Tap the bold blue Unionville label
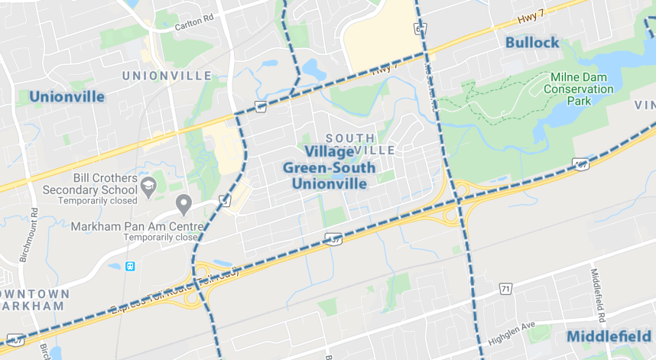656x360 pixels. click(67, 96)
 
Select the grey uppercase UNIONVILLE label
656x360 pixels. click(167, 76)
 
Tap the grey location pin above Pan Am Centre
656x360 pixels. click(183, 204)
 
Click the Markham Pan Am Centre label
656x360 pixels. click(138, 227)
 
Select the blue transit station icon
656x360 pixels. click(131, 267)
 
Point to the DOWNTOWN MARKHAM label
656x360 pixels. click(34, 300)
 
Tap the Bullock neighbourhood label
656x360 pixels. click(532, 43)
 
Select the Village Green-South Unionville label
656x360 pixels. click(329, 167)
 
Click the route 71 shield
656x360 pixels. click(505, 288)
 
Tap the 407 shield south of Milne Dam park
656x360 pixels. click(581, 164)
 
